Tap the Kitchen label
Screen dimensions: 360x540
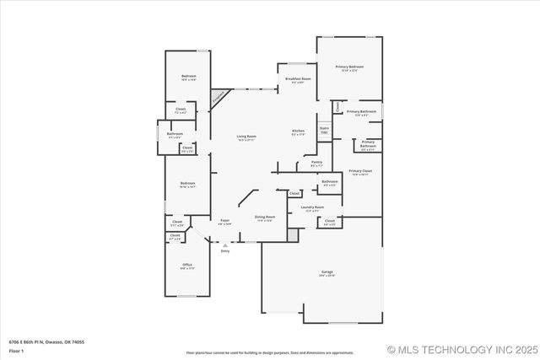tap(298, 132)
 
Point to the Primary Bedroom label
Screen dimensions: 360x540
tap(349, 67)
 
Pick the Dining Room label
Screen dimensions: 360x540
tap(265, 218)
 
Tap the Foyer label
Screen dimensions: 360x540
tap(224, 223)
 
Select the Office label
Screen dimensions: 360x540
tap(187, 266)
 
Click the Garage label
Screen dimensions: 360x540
tap(327, 272)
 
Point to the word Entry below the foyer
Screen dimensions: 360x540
tap(224, 251)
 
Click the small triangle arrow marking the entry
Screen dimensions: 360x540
tap(224, 244)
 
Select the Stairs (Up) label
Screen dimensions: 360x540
tap(324, 130)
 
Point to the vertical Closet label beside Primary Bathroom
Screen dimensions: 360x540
tap(338, 107)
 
